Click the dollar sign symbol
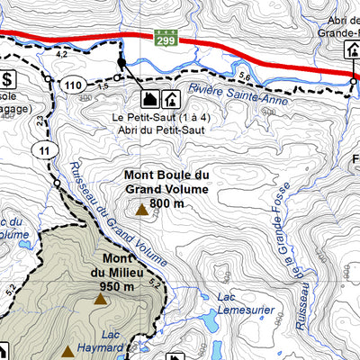coord(7,78)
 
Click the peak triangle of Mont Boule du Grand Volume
coord(141,210)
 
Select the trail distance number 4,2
coord(62,55)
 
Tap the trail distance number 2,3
coord(40,118)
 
